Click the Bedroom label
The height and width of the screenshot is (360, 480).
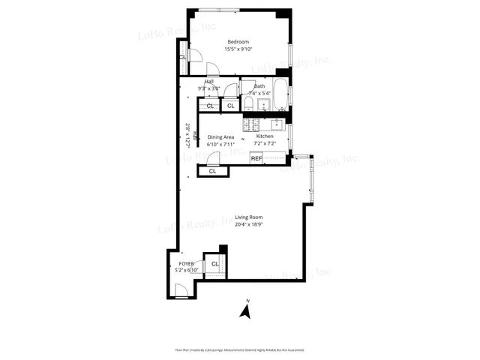pos(239,42)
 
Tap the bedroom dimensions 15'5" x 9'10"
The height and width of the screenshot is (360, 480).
pos(239,49)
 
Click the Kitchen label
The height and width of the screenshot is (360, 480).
pos(265,136)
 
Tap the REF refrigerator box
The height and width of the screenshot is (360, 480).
pos(256,158)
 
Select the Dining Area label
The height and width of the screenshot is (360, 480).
pos(221,137)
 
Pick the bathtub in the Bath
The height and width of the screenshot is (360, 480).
pos(280,95)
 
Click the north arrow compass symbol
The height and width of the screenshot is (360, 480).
pos(244,309)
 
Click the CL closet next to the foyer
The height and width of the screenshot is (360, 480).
pos(214,264)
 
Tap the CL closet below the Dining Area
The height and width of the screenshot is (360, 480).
pos(212,171)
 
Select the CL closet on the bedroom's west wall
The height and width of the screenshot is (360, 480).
pos(182,58)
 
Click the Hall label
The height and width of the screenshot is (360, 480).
pos(209,82)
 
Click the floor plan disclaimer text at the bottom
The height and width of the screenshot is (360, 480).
pos(240,349)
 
